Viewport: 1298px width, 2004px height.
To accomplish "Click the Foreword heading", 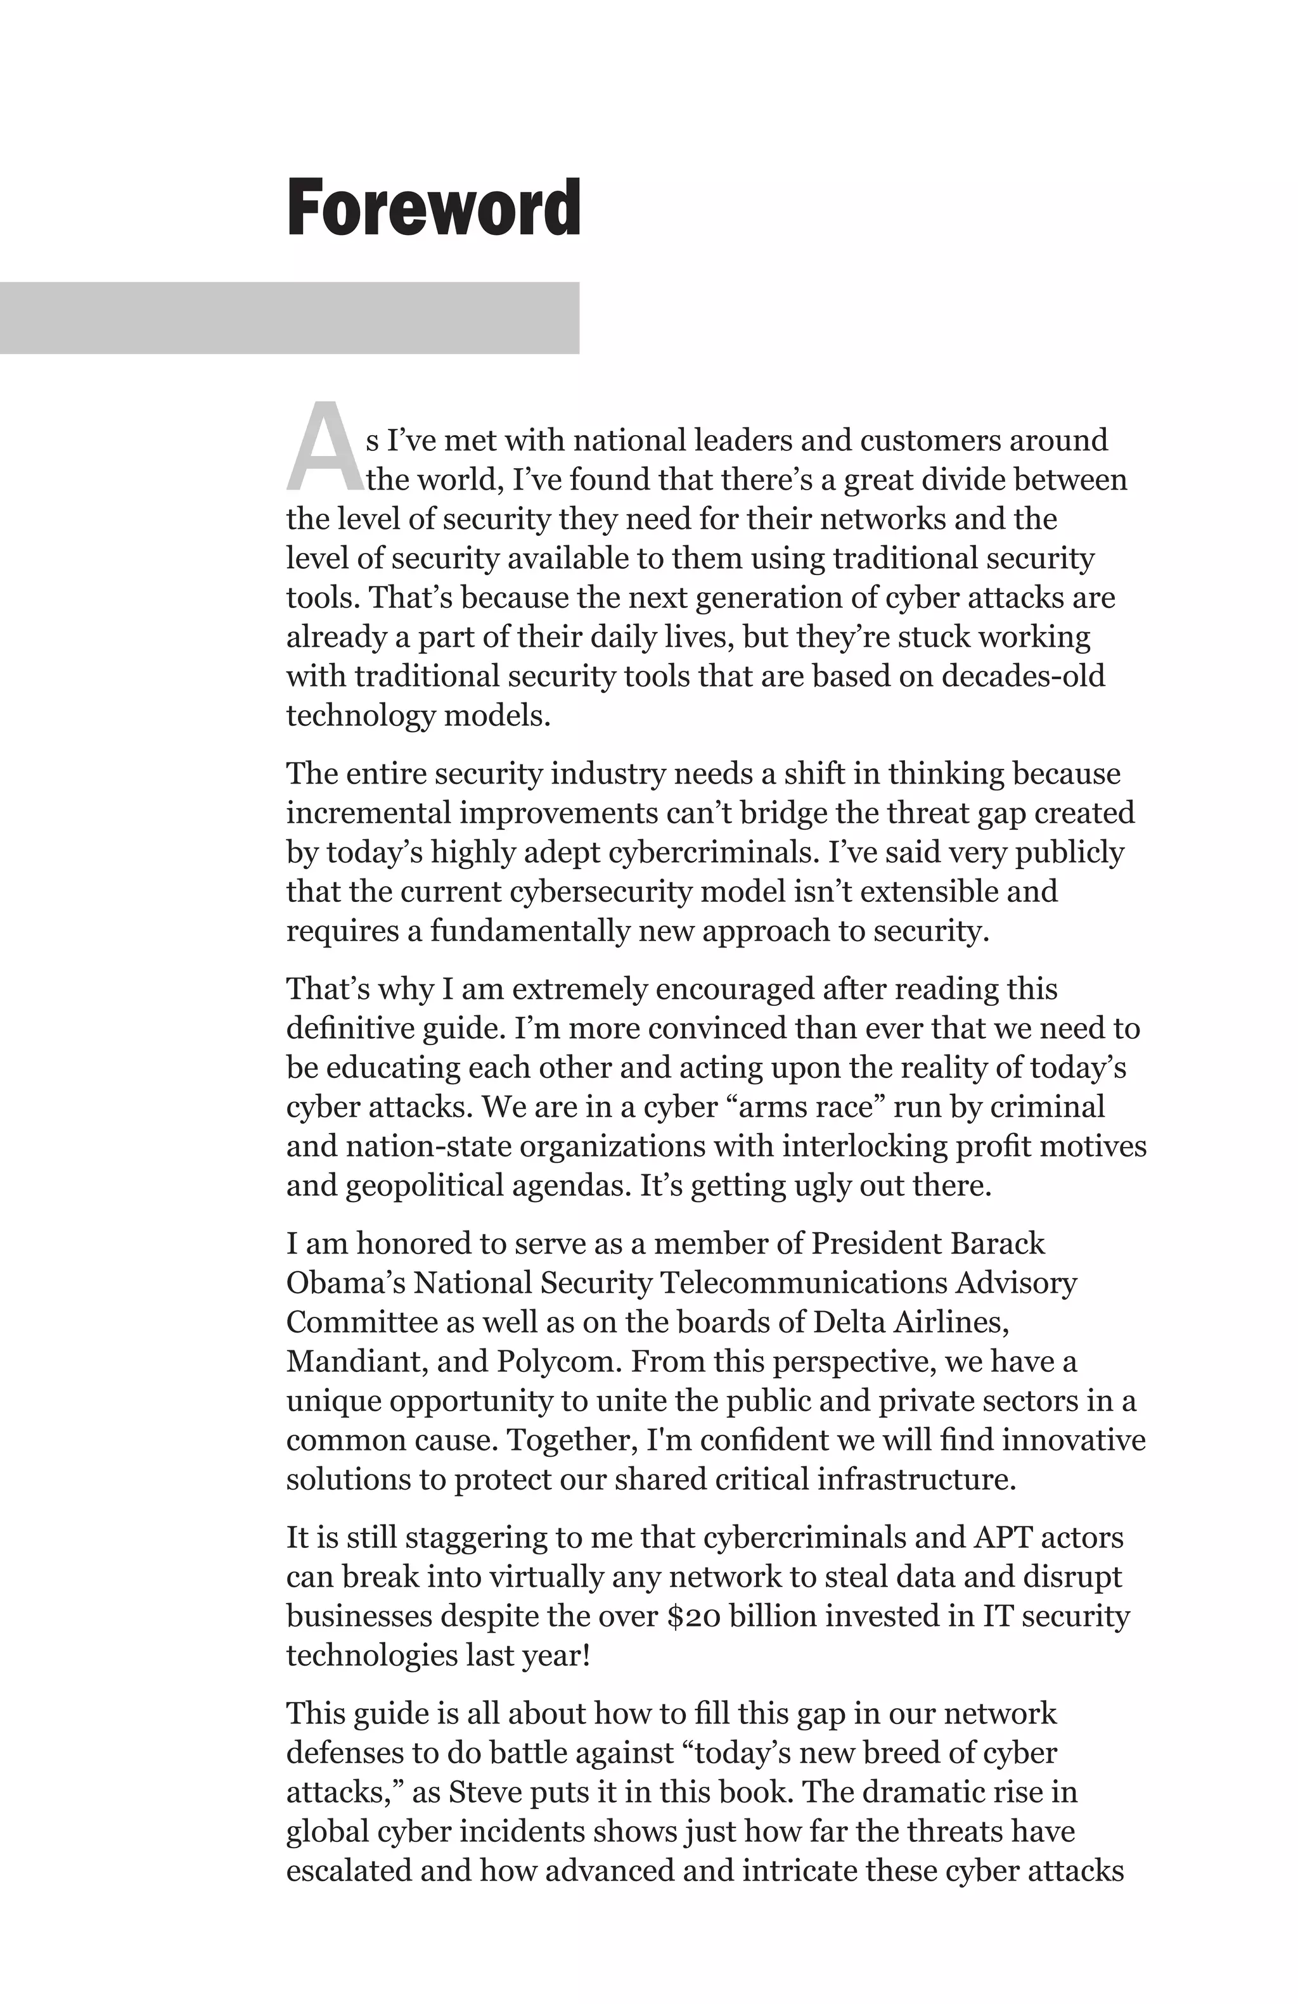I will click(x=433, y=208).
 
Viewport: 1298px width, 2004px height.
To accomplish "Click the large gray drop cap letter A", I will click(x=324, y=448).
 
